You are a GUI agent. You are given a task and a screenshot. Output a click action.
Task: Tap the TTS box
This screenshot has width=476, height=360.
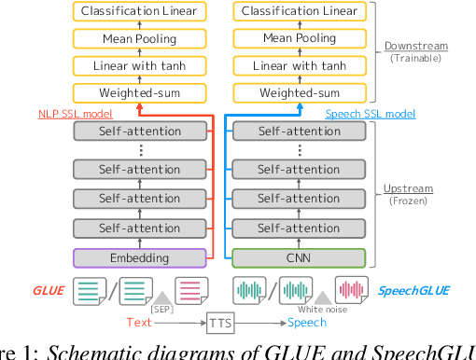(220, 323)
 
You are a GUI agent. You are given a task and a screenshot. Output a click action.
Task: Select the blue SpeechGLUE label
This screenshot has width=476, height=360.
(413, 290)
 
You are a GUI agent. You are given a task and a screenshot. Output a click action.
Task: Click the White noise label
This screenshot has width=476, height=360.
(322, 309)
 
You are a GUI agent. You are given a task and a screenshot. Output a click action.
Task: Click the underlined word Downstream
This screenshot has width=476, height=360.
(416, 46)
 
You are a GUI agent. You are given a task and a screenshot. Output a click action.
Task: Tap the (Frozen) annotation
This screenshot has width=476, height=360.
(409, 201)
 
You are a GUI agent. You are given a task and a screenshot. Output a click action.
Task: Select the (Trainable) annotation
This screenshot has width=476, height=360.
(416, 59)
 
